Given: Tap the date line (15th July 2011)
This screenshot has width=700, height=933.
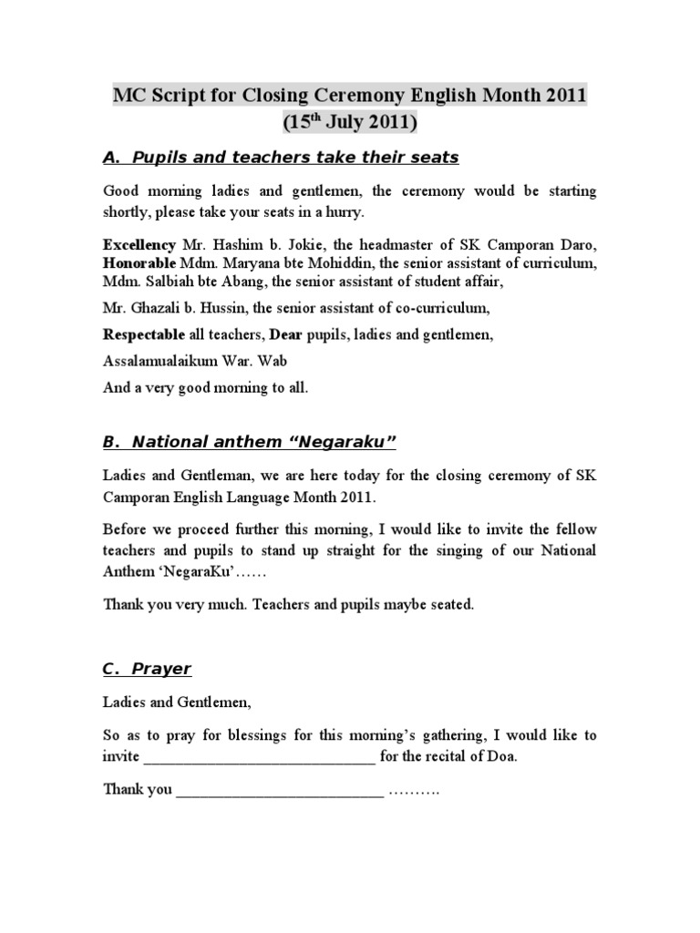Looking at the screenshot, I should [350, 123].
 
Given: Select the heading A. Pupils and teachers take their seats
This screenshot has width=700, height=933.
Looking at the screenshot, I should [281, 159].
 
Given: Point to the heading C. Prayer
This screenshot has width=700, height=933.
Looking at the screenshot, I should [147, 669].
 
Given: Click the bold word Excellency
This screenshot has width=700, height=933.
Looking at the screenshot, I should [139, 246].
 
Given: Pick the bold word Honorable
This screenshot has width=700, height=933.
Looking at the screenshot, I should [141, 264].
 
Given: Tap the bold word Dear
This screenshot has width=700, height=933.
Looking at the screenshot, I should [285, 335].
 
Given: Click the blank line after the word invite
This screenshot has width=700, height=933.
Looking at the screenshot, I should [259, 757].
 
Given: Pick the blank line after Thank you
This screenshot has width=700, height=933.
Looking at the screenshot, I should [280, 790].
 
